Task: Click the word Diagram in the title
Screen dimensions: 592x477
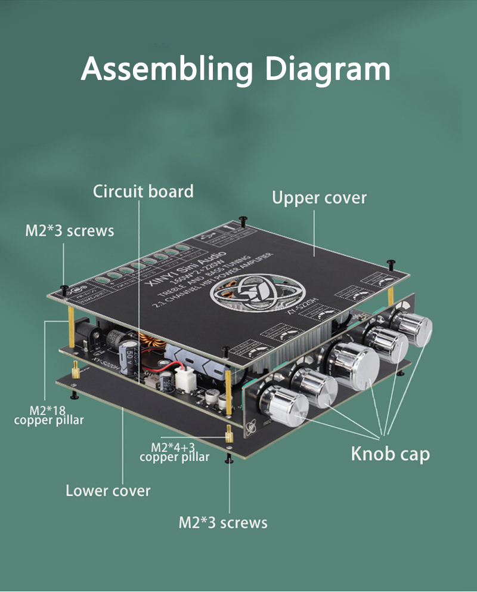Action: pyautogui.click(x=327, y=69)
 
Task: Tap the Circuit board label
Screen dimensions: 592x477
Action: pyautogui.click(x=143, y=192)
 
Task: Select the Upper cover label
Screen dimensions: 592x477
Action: pyautogui.click(x=319, y=198)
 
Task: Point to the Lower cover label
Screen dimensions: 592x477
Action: pyautogui.click(x=108, y=491)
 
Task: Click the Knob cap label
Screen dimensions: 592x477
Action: pyautogui.click(x=390, y=454)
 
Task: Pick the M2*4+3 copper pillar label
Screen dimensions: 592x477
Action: pyautogui.click(x=174, y=452)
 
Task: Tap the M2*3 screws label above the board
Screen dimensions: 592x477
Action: pyautogui.click(x=69, y=231)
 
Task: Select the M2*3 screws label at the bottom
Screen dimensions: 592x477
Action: pyautogui.click(x=223, y=523)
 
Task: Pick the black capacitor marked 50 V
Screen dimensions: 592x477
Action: pyautogui.click(x=128, y=350)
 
